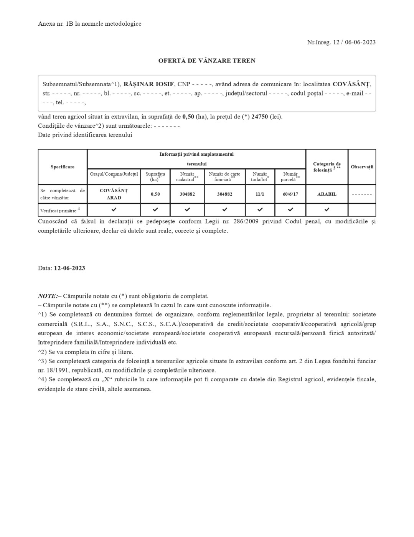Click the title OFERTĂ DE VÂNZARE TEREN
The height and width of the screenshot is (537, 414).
tap(207, 61)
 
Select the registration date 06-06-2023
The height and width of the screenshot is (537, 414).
tap(360, 42)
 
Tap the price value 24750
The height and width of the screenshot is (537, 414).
tap(260, 117)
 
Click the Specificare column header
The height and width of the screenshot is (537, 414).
tap(63, 167)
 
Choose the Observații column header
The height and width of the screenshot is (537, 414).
tap(362, 167)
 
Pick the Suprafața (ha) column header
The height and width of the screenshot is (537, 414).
tap(155, 176)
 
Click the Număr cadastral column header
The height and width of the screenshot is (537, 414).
tap(187, 176)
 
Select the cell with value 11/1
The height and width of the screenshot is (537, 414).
tap(260, 194)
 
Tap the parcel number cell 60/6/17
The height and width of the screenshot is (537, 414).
tap(290, 194)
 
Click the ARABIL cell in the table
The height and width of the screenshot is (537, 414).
tap(327, 194)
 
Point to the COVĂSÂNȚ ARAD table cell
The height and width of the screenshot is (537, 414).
tap(114, 194)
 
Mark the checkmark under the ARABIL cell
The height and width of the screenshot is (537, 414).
tap(327, 209)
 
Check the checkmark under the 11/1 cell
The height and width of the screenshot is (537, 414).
tap(260, 209)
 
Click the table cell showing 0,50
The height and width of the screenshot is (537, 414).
tap(155, 194)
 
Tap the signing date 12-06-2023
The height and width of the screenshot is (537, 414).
tap(69, 268)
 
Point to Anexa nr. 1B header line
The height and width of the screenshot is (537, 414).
tap(89, 24)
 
